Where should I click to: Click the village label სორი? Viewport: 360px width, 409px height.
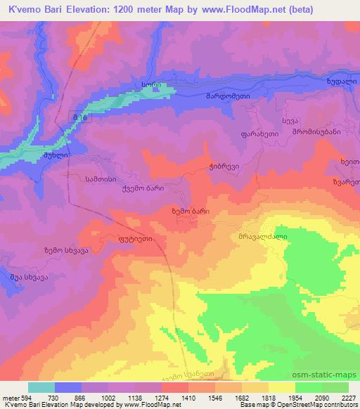coord(151,84)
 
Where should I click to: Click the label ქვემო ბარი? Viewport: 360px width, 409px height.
coord(144,188)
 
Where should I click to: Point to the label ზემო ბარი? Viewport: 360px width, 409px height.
coord(191,209)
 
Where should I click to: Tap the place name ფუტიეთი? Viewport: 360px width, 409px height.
coord(135,239)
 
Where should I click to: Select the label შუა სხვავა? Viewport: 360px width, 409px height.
coord(28,277)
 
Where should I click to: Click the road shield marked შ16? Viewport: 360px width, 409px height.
coord(79,117)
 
